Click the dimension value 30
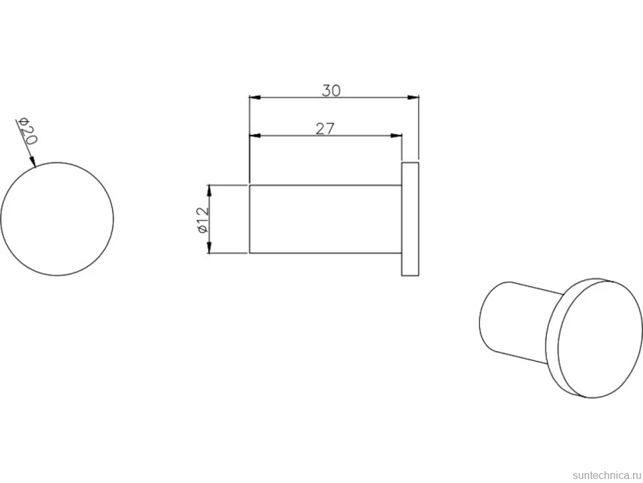[331, 90]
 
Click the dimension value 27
[325, 129]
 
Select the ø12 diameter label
[204, 220]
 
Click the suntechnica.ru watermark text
[607, 475]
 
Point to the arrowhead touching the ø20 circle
[32, 163]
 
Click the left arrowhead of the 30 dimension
[255, 98]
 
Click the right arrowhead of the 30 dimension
[414, 98]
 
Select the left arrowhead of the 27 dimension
[255, 135]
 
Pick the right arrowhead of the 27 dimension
[396, 135]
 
